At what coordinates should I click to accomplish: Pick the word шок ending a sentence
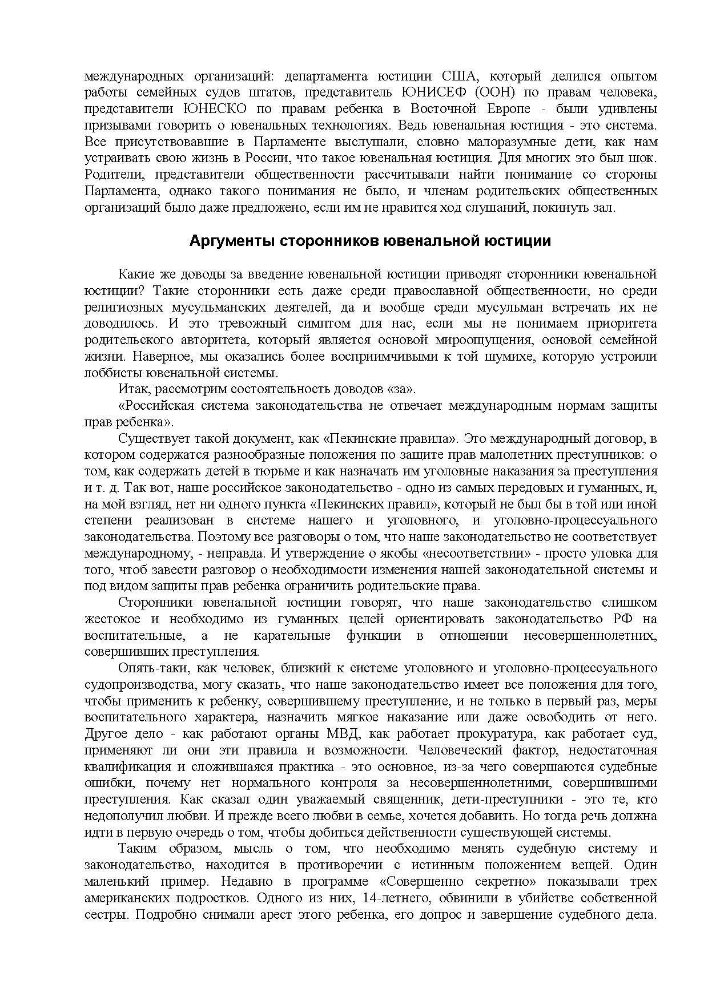[x=643, y=158]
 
